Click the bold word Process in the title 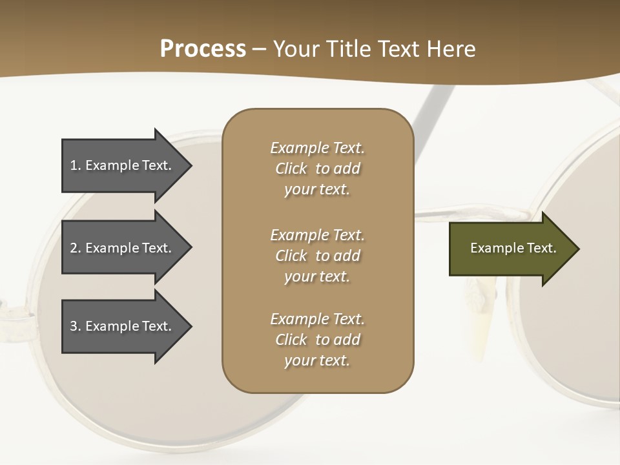coord(203,49)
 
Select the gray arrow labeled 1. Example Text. coord(123,165)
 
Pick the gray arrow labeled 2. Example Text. coord(123,248)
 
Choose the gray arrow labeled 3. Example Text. coord(123,326)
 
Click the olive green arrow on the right coord(510,249)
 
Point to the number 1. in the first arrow coord(76,165)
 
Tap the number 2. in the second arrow coord(76,248)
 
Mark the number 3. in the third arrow coord(76,326)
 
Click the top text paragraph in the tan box coord(317,169)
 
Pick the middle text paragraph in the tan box coord(317,256)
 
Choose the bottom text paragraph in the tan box coord(317,340)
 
